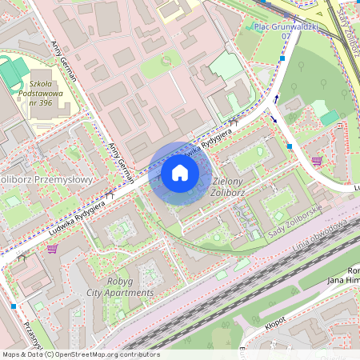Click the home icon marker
180,173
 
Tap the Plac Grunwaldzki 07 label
286,31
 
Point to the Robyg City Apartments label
119,287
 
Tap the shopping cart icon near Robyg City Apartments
52,250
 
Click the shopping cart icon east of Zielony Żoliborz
317,160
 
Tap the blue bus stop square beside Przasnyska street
14,306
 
